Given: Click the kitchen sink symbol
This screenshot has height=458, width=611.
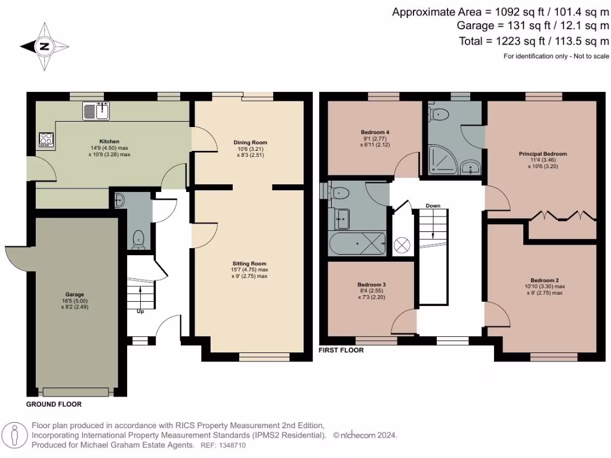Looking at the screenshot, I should pyautogui.click(x=97, y=110).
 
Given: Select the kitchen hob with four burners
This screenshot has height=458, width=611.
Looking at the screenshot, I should pyautogui.click(x=46, y=139).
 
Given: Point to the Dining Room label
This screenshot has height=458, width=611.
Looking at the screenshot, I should pyautogui.click(x=250, y=143).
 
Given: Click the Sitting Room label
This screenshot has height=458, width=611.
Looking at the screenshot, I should pyautogui.click(x=249, y=263).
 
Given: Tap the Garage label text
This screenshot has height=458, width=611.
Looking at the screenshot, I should pyautogui.click(x=75, y=294).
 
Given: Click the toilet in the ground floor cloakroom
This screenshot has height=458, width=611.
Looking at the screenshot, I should pyautogui.click(x=139, y=239).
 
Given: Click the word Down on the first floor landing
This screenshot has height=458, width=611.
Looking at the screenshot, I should pyautogui.click(x=433, y=206).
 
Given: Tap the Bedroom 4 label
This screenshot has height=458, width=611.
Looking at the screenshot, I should pyautogui.click(x=375, y=132).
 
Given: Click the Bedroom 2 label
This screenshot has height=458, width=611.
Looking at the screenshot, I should pyautogui.click(x=545, y=280).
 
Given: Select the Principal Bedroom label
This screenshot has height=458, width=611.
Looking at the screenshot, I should pyautogui.click(x=542, y=153).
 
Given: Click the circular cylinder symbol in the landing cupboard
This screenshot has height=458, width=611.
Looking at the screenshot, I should pyautogui.click(x=401, y=245).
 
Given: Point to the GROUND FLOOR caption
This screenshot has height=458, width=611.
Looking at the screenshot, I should pyautogui.click(x=54, y=404).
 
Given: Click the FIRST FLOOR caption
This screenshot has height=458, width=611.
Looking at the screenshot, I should pyautogui.click(x=341, y=351).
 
